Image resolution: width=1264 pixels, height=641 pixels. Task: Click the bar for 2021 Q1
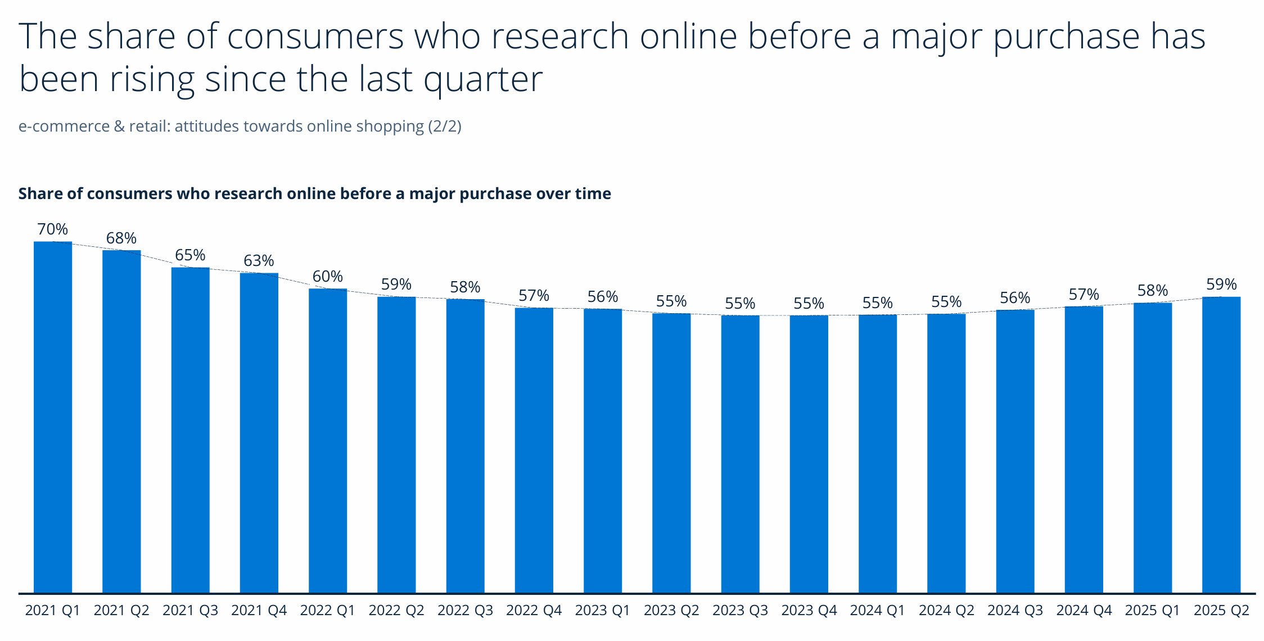pos(53,417)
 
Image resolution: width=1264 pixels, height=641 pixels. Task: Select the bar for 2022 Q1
pos(328,440)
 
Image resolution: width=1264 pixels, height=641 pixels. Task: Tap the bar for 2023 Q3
pos(740,454)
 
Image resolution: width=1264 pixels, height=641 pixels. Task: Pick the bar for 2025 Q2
pos(1221,444)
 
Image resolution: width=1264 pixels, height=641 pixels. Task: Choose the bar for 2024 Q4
pos(1084,449)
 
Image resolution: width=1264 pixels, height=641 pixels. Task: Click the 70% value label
pos(53,229)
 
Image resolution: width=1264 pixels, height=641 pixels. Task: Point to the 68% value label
pos(121,238)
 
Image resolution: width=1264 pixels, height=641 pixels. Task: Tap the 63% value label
pos(259,261)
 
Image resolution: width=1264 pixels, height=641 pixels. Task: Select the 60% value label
pos(328,277)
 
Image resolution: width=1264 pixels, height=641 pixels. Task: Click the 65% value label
pos(190,255)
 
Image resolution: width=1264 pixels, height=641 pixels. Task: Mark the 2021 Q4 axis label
pos(259,611)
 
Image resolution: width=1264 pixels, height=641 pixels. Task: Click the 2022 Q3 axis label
pos(465,611)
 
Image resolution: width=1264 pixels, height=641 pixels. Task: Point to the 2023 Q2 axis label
pos(671,611)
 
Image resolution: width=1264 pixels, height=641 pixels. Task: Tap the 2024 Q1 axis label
pos(877,611)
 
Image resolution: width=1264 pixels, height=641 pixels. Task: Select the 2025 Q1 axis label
pos(1152,611)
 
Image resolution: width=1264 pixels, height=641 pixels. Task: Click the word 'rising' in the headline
pos(152,80)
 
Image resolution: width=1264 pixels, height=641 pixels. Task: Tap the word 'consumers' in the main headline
pos(315,37)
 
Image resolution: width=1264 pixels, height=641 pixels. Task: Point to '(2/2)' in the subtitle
pos(444,126)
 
